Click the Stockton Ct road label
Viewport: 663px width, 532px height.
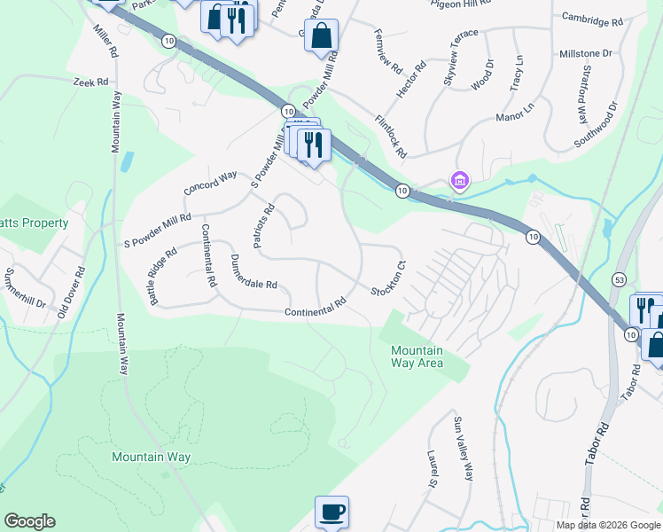[388, 278]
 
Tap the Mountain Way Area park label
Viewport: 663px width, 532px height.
[417, 356]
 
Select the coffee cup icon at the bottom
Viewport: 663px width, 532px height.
[331, 512]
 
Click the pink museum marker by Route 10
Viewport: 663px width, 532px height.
[459, 183]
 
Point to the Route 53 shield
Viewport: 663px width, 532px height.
[619, 280]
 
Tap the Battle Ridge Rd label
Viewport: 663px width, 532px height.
[164, 277]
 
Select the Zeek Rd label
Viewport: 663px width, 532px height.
[90, 82]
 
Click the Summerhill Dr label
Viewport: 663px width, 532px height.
[26, 288]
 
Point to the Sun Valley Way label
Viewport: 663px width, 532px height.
[464, 448]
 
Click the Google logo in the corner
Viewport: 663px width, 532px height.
[29, 521]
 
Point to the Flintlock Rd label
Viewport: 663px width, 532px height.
[390, 137]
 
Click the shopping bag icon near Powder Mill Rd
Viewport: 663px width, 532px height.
[323, 36]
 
